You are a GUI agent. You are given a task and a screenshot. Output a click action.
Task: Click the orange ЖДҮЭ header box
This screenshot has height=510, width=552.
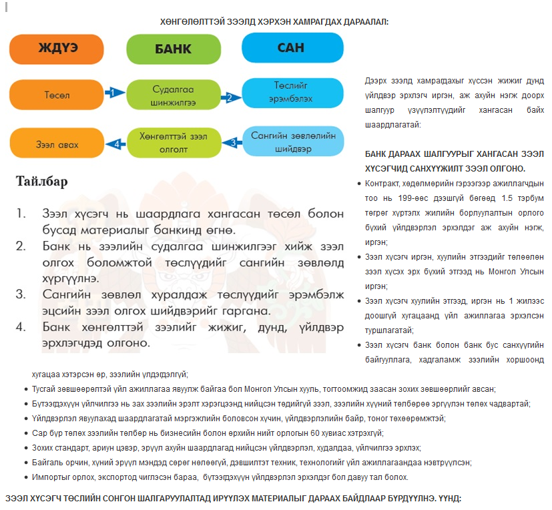(x=57, y=49)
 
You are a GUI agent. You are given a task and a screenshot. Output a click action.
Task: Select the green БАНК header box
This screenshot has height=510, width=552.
(x=173, y=49)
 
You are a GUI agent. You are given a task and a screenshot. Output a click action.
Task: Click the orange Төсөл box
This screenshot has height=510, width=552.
(x=57, y=95)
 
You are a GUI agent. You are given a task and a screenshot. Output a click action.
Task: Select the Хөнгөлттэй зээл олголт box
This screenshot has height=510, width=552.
(x=173, y=143)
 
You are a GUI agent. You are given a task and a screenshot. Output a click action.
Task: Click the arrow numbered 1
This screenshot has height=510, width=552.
(x=115, y=92)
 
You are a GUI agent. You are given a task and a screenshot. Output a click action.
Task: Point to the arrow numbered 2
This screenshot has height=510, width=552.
(x=231, y=97)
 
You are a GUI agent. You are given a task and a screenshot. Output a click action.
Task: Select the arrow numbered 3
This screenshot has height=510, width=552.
(x=231, y=142)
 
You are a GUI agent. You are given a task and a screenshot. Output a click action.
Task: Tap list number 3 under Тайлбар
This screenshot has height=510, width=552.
(x=21, y=294)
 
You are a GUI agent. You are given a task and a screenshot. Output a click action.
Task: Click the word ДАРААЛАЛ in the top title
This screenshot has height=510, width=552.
(x=364, y=22)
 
